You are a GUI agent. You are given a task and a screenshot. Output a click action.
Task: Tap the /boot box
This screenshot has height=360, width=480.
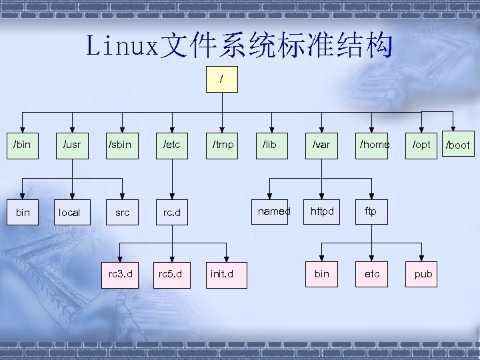pos(457,145)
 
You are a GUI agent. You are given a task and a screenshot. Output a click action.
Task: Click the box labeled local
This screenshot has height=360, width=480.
pos(69,213)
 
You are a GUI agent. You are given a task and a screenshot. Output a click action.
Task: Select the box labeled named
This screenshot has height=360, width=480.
pos(274,211)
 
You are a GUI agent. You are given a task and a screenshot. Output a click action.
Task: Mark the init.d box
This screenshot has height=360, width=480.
pos(221,274)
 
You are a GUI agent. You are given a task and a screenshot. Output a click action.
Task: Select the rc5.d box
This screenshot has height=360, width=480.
pos(171,274)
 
